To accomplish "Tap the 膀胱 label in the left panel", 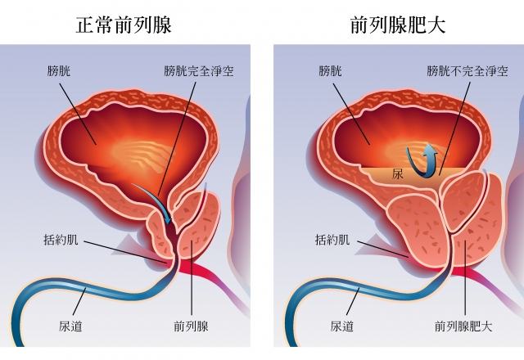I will (61, 72).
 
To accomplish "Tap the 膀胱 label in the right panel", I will (330, 72).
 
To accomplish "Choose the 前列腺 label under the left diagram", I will (192, 326).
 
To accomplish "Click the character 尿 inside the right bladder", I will (398, 174).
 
